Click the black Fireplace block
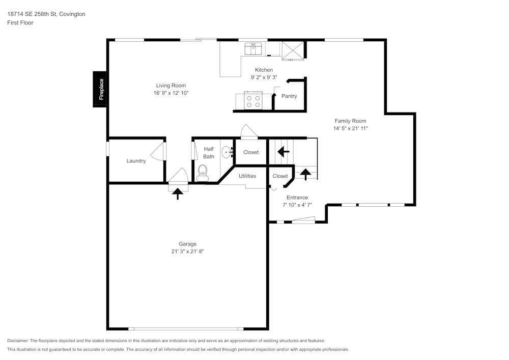click(x=100, y=89)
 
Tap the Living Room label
click(x=171, y=86)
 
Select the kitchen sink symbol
click(x=253, y=49)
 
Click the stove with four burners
click(x=253, y=100)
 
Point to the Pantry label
click(x=289, y=96)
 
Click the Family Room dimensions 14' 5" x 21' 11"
click(x=350, y=129)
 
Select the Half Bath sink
click(x=228, y=152)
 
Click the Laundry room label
click(x=136, y=161)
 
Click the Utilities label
click(x=247, y=176)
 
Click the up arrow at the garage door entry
click(x=178, y=193)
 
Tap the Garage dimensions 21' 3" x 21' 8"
click(x=187, y=252)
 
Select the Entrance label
click(x=297, y=198)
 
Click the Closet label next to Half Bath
click(x=251, y=152)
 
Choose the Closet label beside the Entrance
click(x=280, y=176)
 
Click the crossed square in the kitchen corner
click(x=293, y=50)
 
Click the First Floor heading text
click(x=20, y=23)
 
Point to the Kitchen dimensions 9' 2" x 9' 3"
click(x=264, y=77)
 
